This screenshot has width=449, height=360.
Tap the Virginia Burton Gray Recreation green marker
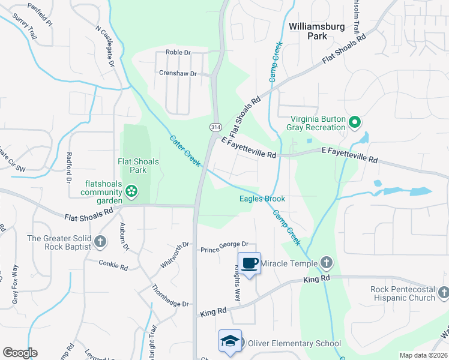354,124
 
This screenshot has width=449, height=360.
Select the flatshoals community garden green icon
131,192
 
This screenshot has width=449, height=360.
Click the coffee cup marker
250,263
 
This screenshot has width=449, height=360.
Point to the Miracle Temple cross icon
326,262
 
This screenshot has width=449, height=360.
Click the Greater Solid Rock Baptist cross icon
100,242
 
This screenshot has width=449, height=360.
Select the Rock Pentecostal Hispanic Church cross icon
443,293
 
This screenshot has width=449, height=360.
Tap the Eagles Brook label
262,199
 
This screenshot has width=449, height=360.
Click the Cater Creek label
184,150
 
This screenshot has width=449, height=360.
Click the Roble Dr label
178,53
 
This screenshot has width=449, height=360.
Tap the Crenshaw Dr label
178,73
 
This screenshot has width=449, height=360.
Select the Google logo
20,353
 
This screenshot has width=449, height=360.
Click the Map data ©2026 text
423,355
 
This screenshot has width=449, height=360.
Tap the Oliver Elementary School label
294,344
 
